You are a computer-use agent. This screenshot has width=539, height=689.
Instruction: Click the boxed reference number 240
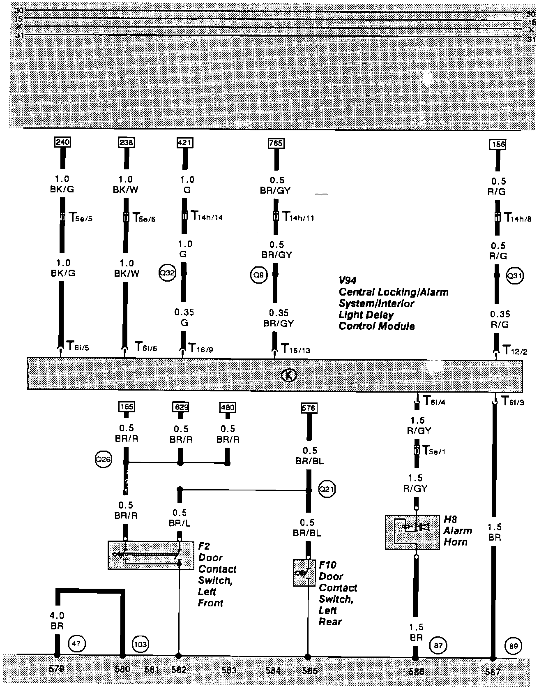coord(62,142)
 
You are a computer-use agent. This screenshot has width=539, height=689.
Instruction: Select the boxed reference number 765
coord(276,143)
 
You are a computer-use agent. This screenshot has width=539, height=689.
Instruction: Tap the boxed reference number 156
coord(498,144)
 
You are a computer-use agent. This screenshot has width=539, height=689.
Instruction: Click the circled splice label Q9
coord(259,275)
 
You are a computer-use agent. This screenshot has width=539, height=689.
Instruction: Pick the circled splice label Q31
coord(514,276)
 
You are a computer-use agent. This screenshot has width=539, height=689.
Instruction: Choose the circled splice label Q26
coord(103,460)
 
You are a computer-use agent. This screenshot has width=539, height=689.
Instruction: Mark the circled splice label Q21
coord(327,489)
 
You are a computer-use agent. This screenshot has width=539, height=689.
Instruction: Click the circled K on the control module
coord(289,375)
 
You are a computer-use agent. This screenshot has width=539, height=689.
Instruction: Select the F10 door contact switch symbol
coord(304,573)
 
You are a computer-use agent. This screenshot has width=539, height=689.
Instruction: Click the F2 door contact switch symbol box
coord(151,555)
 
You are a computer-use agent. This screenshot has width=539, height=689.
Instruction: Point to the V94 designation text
coord(348,280)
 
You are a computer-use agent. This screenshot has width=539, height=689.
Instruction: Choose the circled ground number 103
coord(140,644)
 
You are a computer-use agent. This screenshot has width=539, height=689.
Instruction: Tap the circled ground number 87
coord(438,645)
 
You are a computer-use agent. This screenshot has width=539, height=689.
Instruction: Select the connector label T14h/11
coord(298,217)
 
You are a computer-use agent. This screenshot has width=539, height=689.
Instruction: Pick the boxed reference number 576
coord(309,408)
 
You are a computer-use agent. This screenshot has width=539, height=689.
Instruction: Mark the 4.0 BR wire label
coord(56,621)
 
